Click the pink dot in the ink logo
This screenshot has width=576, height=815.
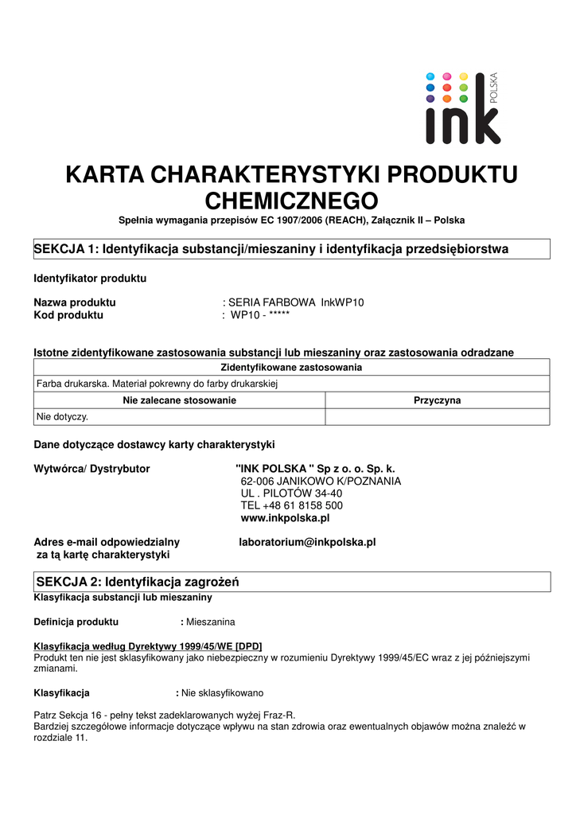(446, 76)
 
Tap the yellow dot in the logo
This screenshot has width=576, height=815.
(464, 76)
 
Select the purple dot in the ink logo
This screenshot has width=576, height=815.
(430, 99)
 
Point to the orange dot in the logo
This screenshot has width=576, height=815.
(446, 99)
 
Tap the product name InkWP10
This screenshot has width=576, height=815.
(343, 302)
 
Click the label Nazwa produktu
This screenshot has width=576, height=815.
(75, 302)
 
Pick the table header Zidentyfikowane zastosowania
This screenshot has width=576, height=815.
(290, 367)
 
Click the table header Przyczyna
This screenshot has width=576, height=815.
(437, 400)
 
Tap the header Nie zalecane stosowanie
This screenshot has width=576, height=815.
(179, 400)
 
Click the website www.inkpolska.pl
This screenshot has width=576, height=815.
(285, 517)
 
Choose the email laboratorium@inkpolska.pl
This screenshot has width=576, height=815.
(307, 542)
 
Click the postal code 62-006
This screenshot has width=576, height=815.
(257, 482)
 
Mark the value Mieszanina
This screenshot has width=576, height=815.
(210, 621)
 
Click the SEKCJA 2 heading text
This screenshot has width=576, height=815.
(136, 582)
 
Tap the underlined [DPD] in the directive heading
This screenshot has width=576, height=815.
(249, 645)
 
